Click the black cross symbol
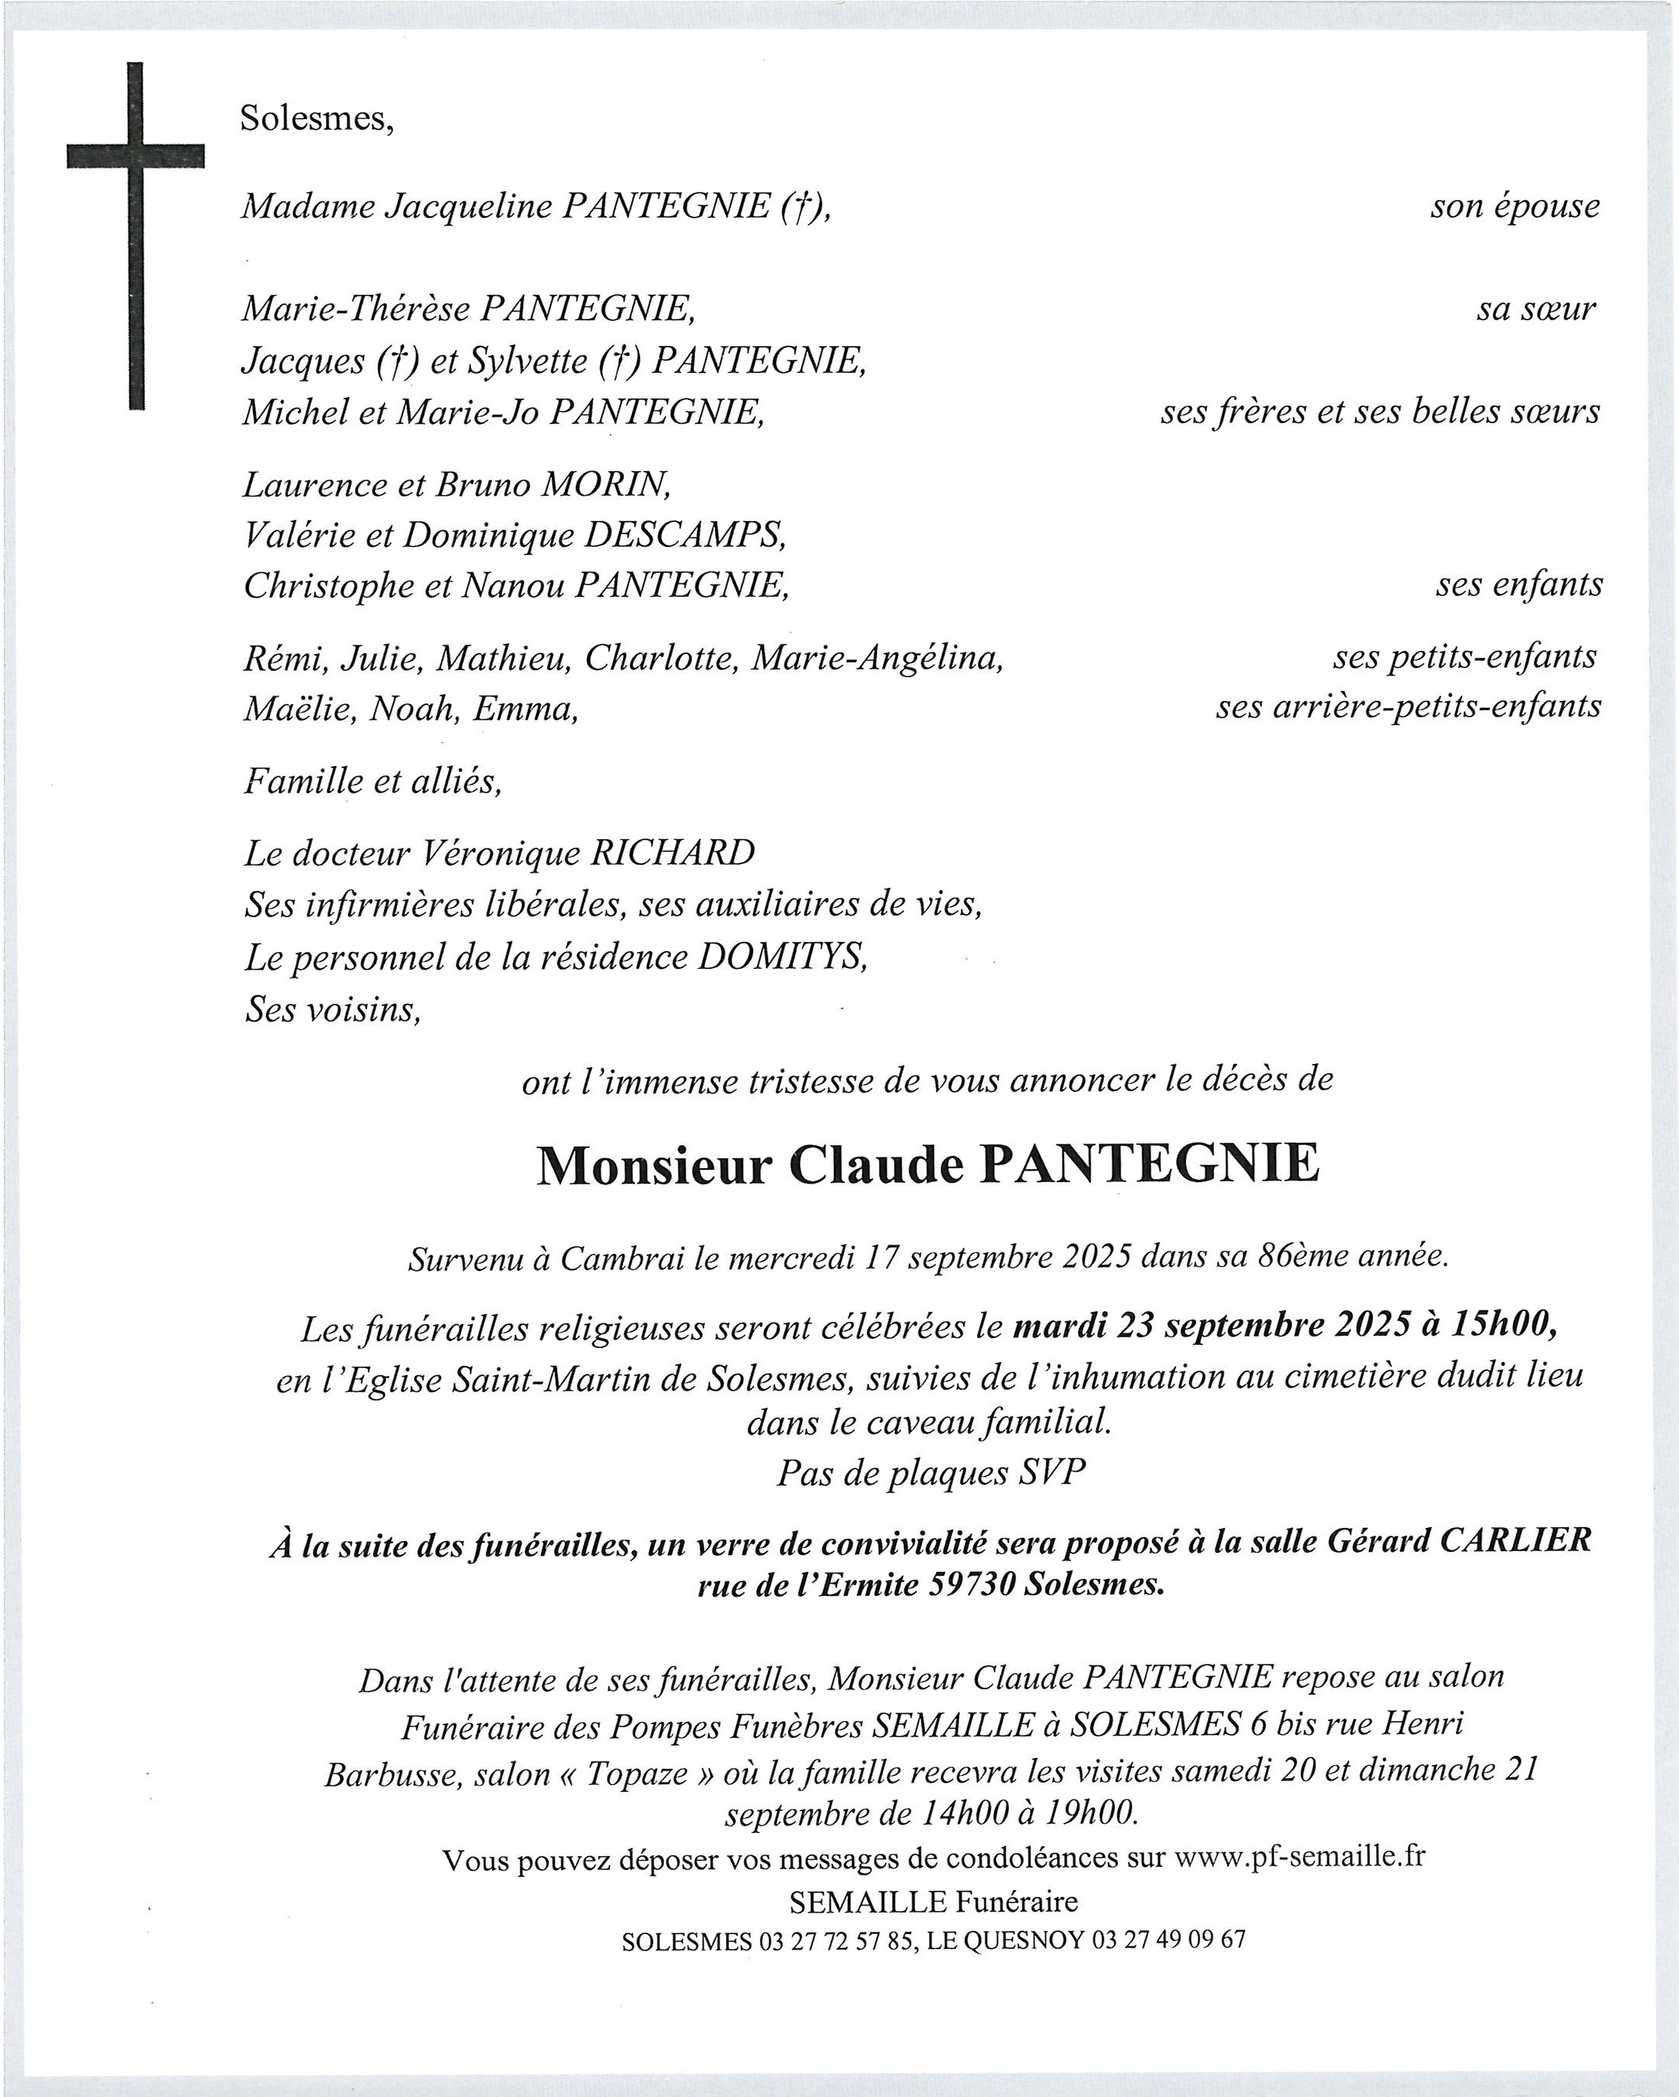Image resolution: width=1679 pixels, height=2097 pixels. tap(135, 156)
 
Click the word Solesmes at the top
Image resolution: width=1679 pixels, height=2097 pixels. tap(316, 119)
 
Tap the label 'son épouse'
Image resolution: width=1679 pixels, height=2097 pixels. tap(1514, 206)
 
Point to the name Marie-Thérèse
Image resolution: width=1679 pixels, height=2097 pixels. tap(355, 310)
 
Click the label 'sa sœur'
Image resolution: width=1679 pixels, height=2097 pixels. tap(1536, 310)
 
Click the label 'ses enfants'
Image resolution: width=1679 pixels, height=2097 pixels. tap(1518, 584)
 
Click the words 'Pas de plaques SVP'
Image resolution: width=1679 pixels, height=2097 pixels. tap(930, 1472)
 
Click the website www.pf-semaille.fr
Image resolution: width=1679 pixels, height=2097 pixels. tap(1300, 1856)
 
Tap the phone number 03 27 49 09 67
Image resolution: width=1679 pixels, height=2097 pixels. tap(1169, 1940)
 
